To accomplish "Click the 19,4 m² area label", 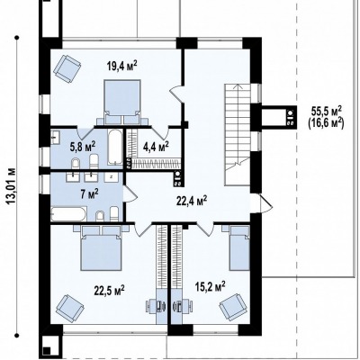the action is (x=122, y=66).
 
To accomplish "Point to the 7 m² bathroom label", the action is (x=90, y=194).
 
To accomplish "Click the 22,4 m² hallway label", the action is (x=192, y=201).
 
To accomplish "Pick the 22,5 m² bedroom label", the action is (x=110, y=290).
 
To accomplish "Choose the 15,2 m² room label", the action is (x=211, y=286).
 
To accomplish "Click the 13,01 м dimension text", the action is (x=11, y=186).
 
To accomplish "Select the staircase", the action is (x=238, y=135).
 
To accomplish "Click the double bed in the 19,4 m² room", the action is (x=122, y=102).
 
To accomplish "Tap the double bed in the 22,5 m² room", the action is (x=101, y=247).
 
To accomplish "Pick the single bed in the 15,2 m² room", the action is (x=239, y=247).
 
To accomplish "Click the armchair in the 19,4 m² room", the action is (x=67, y=68).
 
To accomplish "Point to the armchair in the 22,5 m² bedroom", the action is (x=70, y=308).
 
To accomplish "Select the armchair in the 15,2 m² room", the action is (x=233, y=308).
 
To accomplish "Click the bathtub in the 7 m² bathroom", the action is (x=68, y=213).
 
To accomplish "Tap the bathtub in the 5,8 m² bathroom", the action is (x=115, y=147).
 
